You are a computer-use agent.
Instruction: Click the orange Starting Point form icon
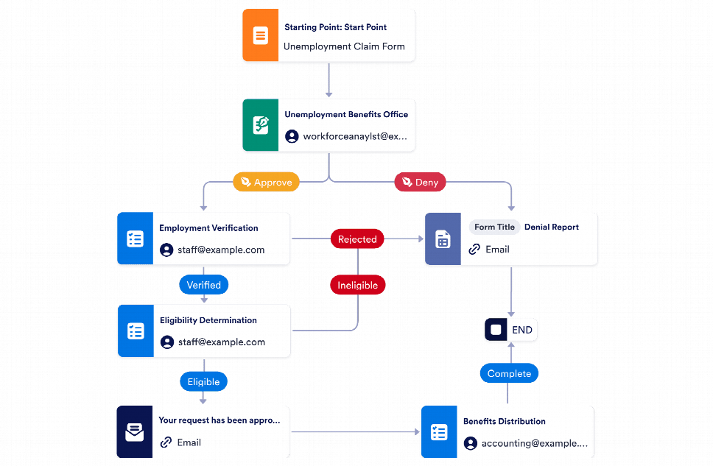point(261,35)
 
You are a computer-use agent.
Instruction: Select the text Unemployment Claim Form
point(344,46)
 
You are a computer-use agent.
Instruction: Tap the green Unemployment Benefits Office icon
point(261,125)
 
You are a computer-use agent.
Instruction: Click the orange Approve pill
point(266,182)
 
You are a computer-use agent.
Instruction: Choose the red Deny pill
point(420,182)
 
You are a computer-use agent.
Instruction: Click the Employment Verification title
point(208,228)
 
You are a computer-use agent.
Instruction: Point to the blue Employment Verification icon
point(135,239)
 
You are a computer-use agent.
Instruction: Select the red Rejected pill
point(357,239)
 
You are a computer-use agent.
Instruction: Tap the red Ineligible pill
point(357,285)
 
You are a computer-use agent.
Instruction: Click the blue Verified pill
point(204,285)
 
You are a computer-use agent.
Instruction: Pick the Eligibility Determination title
point(208,320)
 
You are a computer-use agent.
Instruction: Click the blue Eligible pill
point(204,381)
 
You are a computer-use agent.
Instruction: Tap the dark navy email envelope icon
point(135,431)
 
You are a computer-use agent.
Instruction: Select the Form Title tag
point(495,227)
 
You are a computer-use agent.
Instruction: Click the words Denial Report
point(552,227)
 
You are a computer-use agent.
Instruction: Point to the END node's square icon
point(496,330)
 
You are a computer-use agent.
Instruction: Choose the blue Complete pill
point(509,373)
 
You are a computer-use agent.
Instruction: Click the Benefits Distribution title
point(505,421)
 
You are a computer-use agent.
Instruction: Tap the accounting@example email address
point(535,443)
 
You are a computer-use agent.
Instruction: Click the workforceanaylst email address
point(355,136)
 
